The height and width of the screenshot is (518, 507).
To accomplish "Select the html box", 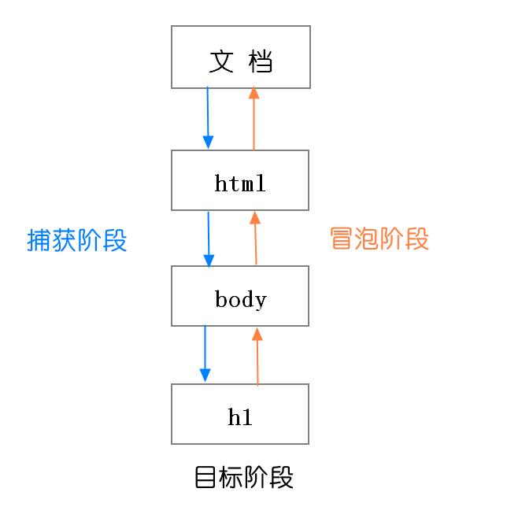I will point(240,180).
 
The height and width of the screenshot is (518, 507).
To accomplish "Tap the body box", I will point(240,296).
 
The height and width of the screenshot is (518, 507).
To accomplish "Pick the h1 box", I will point(240,414).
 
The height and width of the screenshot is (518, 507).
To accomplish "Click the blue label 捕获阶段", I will point(77,241).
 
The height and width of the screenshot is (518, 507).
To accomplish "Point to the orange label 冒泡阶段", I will point(379,239).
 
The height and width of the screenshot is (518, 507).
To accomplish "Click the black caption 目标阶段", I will point(244,478).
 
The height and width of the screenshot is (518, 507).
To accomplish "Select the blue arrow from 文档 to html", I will point(208,118).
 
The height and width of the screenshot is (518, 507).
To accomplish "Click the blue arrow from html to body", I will point(209,239).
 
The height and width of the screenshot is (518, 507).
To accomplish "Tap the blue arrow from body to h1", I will point(205,354).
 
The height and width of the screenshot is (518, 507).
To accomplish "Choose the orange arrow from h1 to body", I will point(257,357).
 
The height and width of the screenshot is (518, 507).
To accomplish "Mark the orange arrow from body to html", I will point(255,239).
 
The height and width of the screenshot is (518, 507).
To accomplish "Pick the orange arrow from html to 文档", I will point(253,118).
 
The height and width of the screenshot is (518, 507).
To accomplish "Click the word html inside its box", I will point(240,184).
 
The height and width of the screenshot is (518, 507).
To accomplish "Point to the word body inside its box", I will point(241,300).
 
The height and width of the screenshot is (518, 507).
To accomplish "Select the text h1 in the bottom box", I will point(240,417).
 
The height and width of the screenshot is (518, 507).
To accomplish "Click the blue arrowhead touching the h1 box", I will point(205,376).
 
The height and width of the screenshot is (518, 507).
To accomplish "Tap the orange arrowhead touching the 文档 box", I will point(253,93).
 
